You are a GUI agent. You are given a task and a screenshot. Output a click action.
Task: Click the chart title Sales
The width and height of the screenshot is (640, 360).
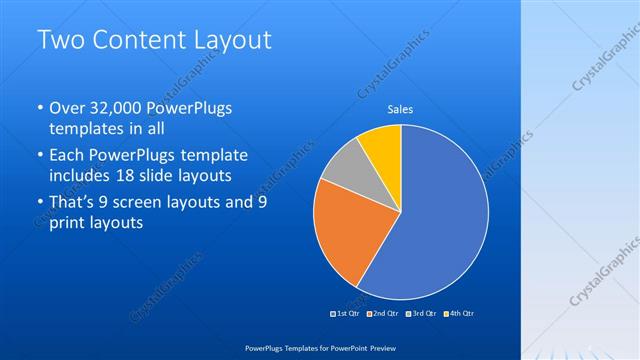pos(400,109)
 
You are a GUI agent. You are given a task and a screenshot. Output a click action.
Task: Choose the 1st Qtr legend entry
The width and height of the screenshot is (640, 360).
pos(347,313)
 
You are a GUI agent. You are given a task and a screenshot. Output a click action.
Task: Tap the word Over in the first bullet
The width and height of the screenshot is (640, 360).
pos(67,108)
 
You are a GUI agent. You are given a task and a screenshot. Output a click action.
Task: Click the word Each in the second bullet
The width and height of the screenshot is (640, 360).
pos(67,155)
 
